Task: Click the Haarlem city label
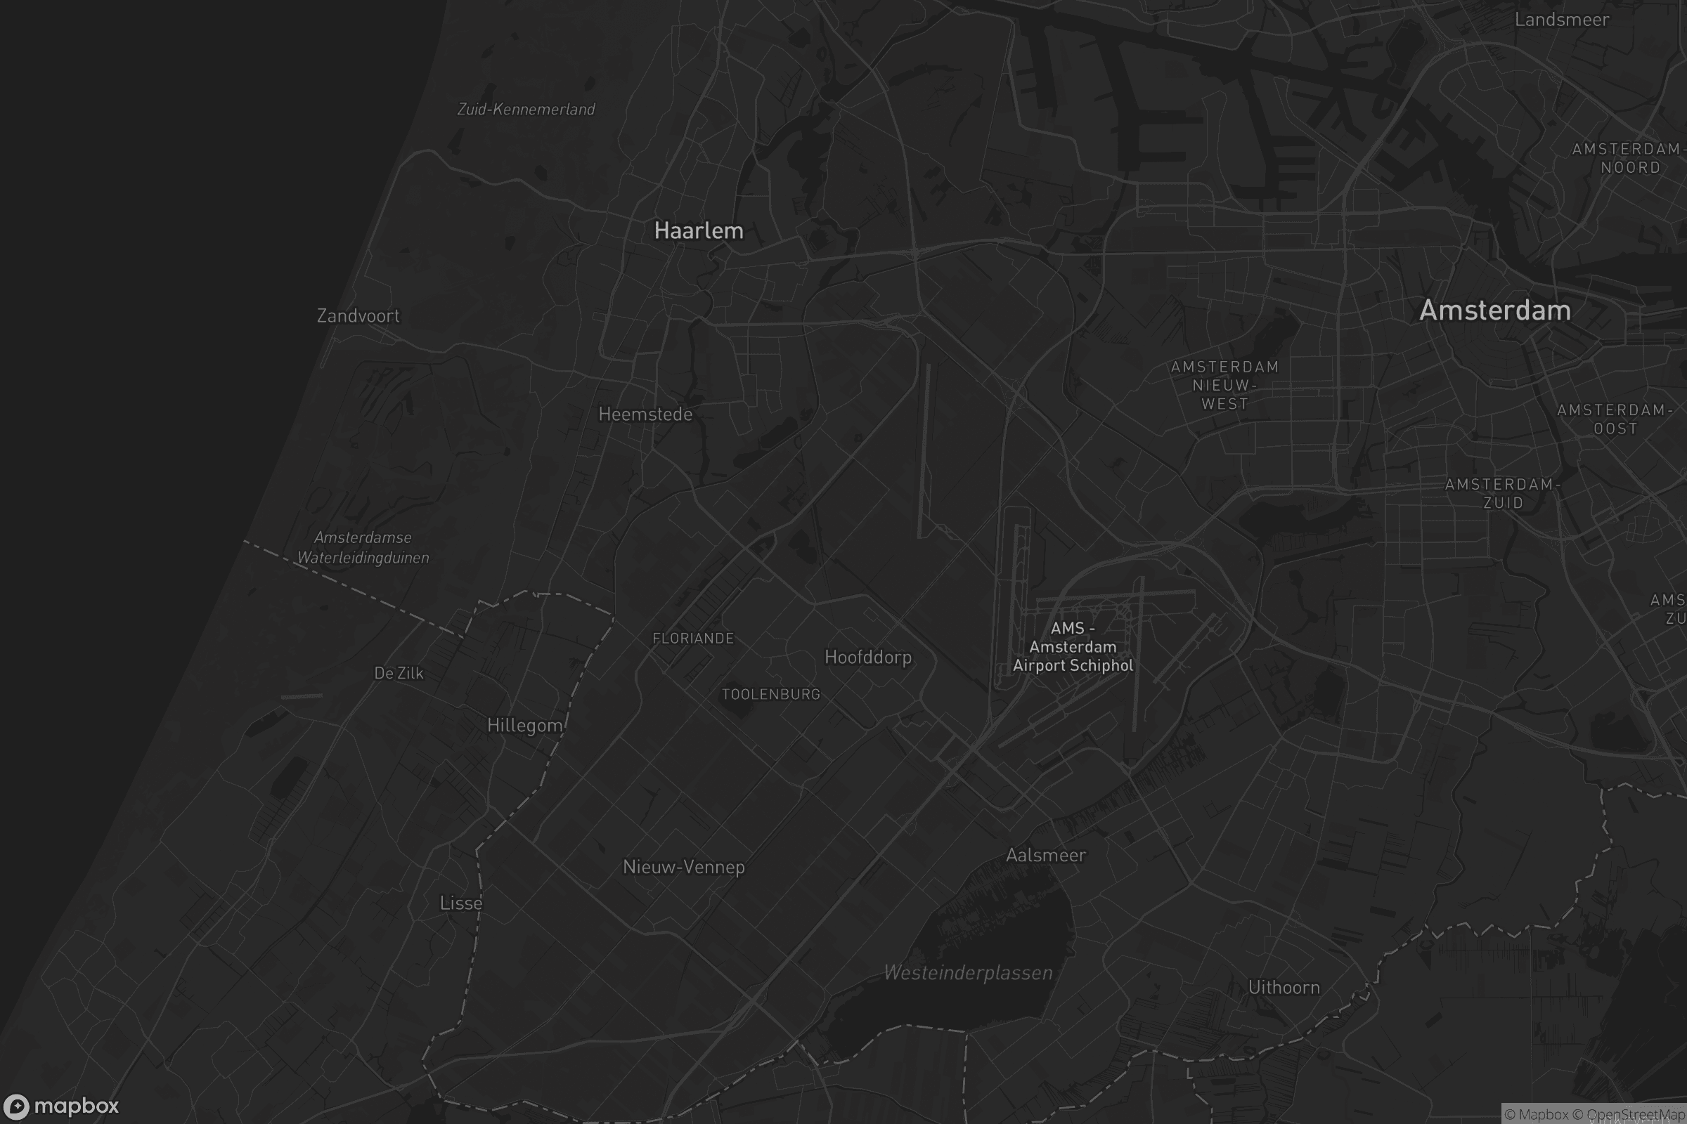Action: click(x=699, y=231)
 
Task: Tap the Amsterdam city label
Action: click(x=1495, y=311)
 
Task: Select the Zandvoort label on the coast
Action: click(x=358, y=315)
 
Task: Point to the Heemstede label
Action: click(x=645, y=414)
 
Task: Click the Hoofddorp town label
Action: click(x=868, y=658)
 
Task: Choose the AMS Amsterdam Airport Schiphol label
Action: click(x=1073, y=646)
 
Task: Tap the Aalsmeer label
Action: click(x=1046, y=855)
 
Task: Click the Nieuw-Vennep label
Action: click(x=683, y=868)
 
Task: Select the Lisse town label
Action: click(x=461, y=903)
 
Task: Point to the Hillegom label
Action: click(x=524, y=726)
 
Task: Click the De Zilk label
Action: click(x=399, y=673)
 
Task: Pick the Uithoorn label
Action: click(x=1284, y=988)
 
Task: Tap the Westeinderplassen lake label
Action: click(x=969, y=973)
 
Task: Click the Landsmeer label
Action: click(x=1561, y=20)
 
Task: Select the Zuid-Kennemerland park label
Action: click(x=526, y=109)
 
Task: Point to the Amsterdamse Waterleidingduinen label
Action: click(x=363, y=548)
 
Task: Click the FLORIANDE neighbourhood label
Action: click(x=693, y=639)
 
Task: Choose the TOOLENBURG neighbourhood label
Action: click(x=770, y=694)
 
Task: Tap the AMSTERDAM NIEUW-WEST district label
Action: click(x=1225, y=385)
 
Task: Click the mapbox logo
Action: click(x=60, y=1106)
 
